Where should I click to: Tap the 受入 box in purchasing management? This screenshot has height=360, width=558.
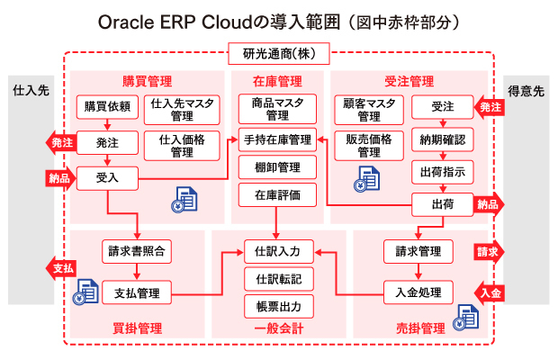pyautogui.click(x=107, y=177)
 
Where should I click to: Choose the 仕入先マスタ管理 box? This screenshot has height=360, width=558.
pyautogui.click(x=183, y=109)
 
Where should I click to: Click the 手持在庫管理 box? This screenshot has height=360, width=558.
pyautogui.click(x=277, y=139)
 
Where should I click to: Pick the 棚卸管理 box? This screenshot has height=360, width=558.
pyautogui.click(x=277, y=167)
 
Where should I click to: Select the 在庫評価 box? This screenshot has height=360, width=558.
pyautogui.click(x=277, y=194)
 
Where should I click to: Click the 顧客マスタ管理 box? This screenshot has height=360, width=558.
pyautogui.click(x=368, y=109)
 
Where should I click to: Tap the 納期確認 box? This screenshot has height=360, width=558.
pyautogui.click(x=443, y=139)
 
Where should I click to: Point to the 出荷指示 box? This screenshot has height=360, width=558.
pyautogui.click(x=443, y=171)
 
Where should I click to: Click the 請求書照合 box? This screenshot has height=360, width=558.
pyautogui.click(x=137, y=249)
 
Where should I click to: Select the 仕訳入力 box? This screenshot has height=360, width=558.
pyautogui.click(x=278, y=249)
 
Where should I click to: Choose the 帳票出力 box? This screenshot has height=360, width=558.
pyautogui.click(x=278, y=305)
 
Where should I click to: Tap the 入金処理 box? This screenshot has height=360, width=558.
pyautogui.click(x=418, y=292)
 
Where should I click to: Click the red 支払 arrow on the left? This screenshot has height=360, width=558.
pyautogui.click(x=58, y=268)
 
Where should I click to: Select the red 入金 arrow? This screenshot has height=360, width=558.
pyautogui.click(x=487, y=292)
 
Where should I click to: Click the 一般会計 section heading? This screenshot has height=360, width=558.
pyautogui.click(x=278, y=328)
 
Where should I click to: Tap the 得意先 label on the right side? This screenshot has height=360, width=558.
pyautogui.click(x=526, y=91)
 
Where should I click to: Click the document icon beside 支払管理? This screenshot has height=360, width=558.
pyautogui.click(x=87, y=291)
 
